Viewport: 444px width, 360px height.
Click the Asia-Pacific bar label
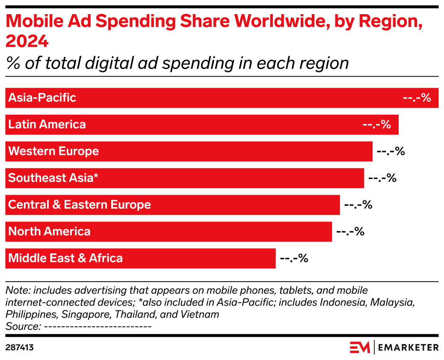(x=42, y=98)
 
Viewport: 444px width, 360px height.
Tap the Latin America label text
(x=47, y=125)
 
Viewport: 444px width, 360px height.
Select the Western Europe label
(x=53, y=151)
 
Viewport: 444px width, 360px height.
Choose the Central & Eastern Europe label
(x=80, y=205)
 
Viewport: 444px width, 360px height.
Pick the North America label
(x=49, y=232)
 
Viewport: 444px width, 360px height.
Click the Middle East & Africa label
(x=65, y=258)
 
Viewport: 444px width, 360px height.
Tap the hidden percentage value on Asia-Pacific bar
(x=417, y=98)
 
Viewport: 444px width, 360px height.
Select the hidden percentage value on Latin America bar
(x=376, y=125)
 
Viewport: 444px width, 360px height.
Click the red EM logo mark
(x=360, y=347)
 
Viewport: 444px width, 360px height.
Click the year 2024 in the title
(x=27, y=42)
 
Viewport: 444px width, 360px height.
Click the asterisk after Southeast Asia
(x=96, y=176)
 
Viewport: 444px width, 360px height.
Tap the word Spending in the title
(x=130, y=22)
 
